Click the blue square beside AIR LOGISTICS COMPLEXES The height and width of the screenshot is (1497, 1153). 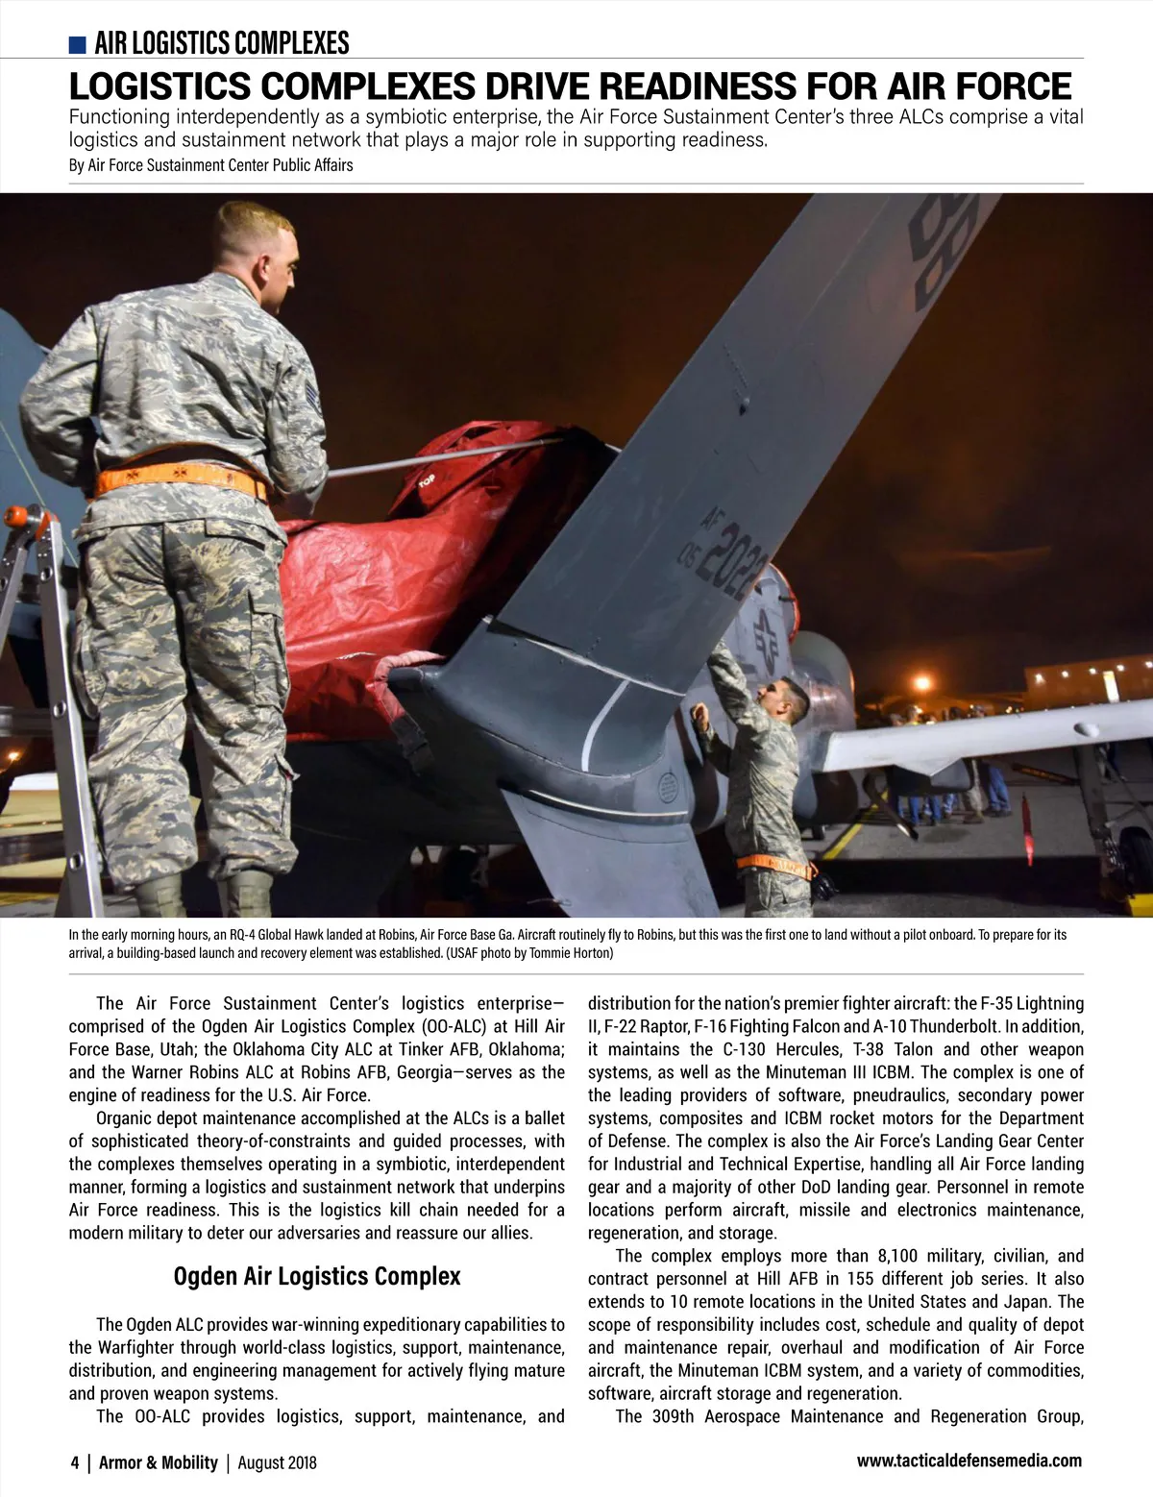click(78, 44)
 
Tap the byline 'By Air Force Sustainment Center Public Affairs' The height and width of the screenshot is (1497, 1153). click(210, 165)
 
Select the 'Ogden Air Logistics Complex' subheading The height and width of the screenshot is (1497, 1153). click(316, 1276)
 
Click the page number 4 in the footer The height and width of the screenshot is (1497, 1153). click(75, 1462)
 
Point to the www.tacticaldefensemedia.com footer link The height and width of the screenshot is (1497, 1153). click(969, 1460)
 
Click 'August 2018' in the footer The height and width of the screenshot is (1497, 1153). click(277, 1462)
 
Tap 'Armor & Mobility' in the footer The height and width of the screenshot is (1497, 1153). click(159, 1462)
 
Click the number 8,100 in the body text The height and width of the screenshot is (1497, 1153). click(901, 1256)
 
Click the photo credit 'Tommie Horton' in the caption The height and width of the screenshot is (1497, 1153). click(571, 953)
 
